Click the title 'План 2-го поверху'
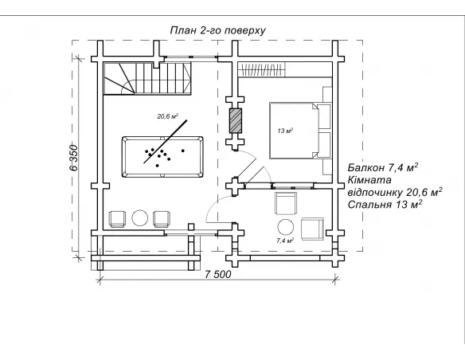point(217,30)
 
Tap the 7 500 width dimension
point(217,274)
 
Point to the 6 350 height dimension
point(74,158)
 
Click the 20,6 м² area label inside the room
point(167,116)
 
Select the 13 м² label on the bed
point(285,131)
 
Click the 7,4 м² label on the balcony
point(285,241)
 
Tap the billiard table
point(162,157)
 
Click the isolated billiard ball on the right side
point(183,151)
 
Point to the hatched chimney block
point(236,120)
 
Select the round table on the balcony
point(286,227)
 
